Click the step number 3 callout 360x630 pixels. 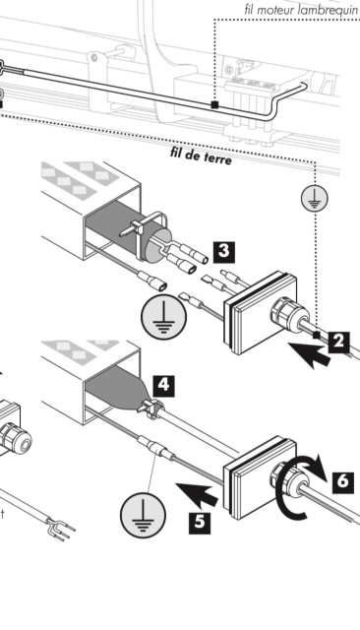pyautogui.click(x=224, y=252)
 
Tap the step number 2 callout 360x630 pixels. pyautogui.click(x=338, y=343)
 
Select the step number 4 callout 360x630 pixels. pyautogui.click(x=163, y=386)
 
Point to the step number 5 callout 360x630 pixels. pyautogui.click(x=200, y=523)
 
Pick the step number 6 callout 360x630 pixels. pyautogui.click(x=343, y=482)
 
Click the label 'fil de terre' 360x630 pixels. pyautogui.click(x=201, y=156)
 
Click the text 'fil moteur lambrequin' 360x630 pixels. pyautogui.click(x=301, y=10)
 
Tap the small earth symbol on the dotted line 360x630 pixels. pyautogui.click(x=315, y=199)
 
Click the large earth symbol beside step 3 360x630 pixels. pyautogui.click(x=163, y=316)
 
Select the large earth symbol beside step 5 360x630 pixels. pyautogui.click(x=143, y=515)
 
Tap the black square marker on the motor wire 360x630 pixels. pyautogui.click(x=214, y=105)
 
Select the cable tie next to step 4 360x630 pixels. pyautogui.click(x=150, y=409)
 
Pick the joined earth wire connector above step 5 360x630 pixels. pyautogui.click(x=157, y=448)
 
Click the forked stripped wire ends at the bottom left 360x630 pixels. pyautogui.click(x=60, y=528)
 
